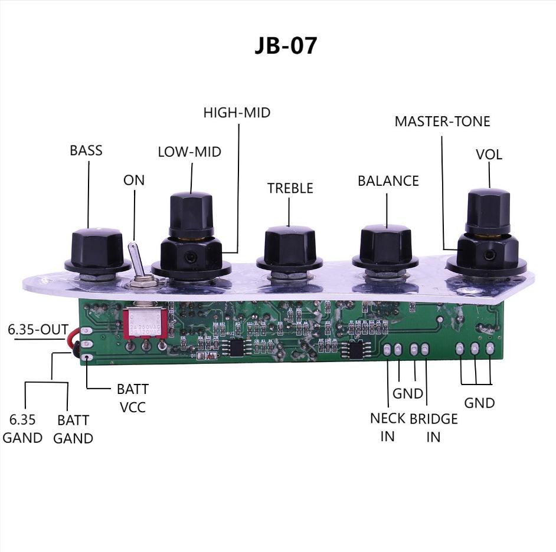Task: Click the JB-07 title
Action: (286, 45)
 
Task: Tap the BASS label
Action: (86, 150)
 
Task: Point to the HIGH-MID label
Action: (237, 112)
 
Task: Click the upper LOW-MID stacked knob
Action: (191, 215)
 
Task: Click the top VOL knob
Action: (488, 212)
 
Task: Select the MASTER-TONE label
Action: (442, 121)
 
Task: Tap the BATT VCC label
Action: (133, 398)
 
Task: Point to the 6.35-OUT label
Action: (38, 330)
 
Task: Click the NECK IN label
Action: (388, 427)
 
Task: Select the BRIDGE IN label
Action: (434, 428)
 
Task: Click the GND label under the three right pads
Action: (479, 403)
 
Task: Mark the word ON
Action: (134, 180)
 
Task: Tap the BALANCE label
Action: (388, 180)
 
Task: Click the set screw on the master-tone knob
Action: (490, 254)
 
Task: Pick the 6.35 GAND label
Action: (22, 429)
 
